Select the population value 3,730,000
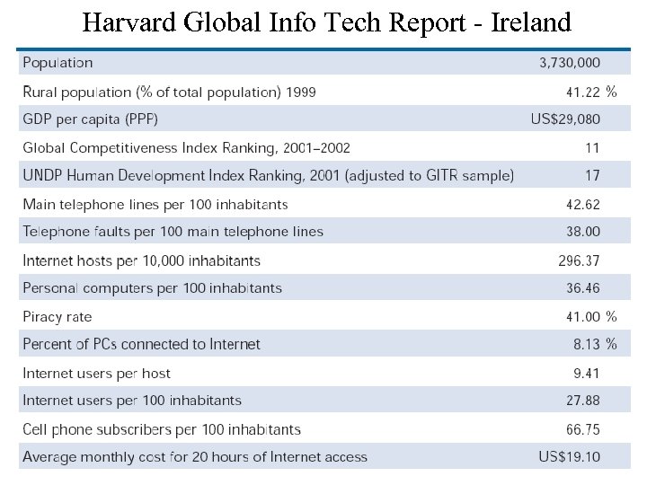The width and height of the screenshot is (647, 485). click(x=570, y=63)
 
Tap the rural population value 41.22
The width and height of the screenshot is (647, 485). click(x=583, y=92)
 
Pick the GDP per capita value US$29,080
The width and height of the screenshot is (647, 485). click(x=565, y=119)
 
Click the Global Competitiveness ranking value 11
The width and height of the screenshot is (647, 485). click(x=592, y=148)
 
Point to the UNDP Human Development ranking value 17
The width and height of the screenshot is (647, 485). click(x=592, y=176)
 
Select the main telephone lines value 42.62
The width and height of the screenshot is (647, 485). click(x=583, y=205)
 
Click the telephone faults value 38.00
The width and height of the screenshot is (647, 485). click(x=583, y=232)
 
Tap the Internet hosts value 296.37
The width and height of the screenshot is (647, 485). click(x=580, y=261)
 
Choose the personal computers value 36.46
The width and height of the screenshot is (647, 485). click(x=583, y=288)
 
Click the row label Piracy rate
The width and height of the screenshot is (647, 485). click(x=58, y=317)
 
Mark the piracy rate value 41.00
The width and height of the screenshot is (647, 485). click(x=583, y=317)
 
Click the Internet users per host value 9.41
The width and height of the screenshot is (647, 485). click(x=587, y=374)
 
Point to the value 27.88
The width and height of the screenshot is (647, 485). click(x=583, y=401)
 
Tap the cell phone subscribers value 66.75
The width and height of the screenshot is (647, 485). click(x=583, y=429)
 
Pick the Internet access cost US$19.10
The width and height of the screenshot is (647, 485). click(x=570, y=457)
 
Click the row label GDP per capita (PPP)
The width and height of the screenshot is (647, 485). click(x=90, y=119)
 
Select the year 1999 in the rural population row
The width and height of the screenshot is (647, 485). click(x=300, y=92)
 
